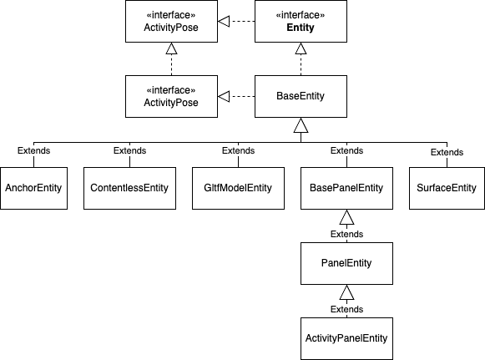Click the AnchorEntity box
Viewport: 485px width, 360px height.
click(34, 188)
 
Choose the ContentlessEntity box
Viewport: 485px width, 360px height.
click(129, 188)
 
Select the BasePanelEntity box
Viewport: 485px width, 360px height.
click(346, 188)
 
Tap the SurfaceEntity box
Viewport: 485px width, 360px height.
click(447, 188)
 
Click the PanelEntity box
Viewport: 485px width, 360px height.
click(346, 263)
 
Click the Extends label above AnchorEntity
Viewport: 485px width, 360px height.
click(34, 151)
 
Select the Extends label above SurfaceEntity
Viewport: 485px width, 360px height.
click(447, 152)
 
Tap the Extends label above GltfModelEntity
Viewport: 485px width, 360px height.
click(238, 151)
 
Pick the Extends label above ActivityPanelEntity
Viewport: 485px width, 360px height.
click(346, 309)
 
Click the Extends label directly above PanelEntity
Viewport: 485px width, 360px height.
click(346, 235)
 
